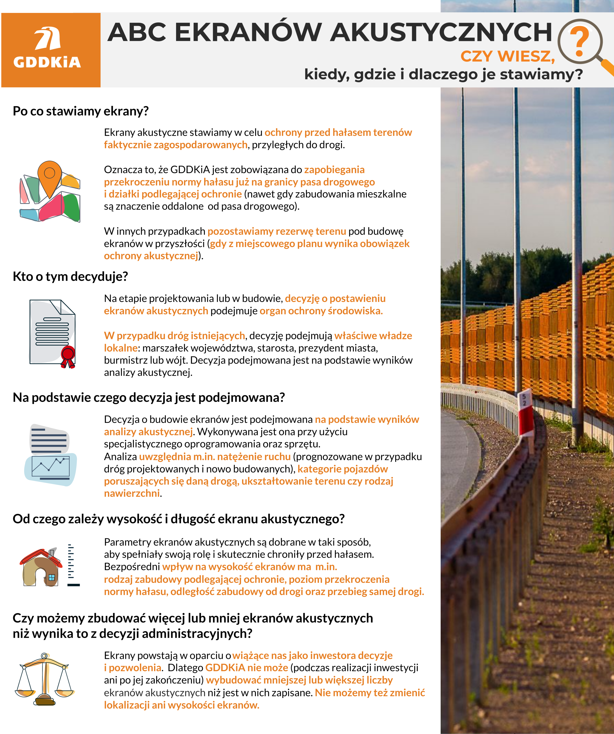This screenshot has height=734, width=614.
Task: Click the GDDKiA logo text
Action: point(47,62)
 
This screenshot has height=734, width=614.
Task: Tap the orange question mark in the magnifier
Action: point(579,42)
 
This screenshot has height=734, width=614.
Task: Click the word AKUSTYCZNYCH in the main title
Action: point(441,32)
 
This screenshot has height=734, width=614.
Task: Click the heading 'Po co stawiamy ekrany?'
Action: point(81,111)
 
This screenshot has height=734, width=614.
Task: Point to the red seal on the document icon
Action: point(68,355)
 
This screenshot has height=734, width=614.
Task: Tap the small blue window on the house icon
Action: point(52,577)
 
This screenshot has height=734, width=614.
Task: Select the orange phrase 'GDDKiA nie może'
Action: point(247,668)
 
